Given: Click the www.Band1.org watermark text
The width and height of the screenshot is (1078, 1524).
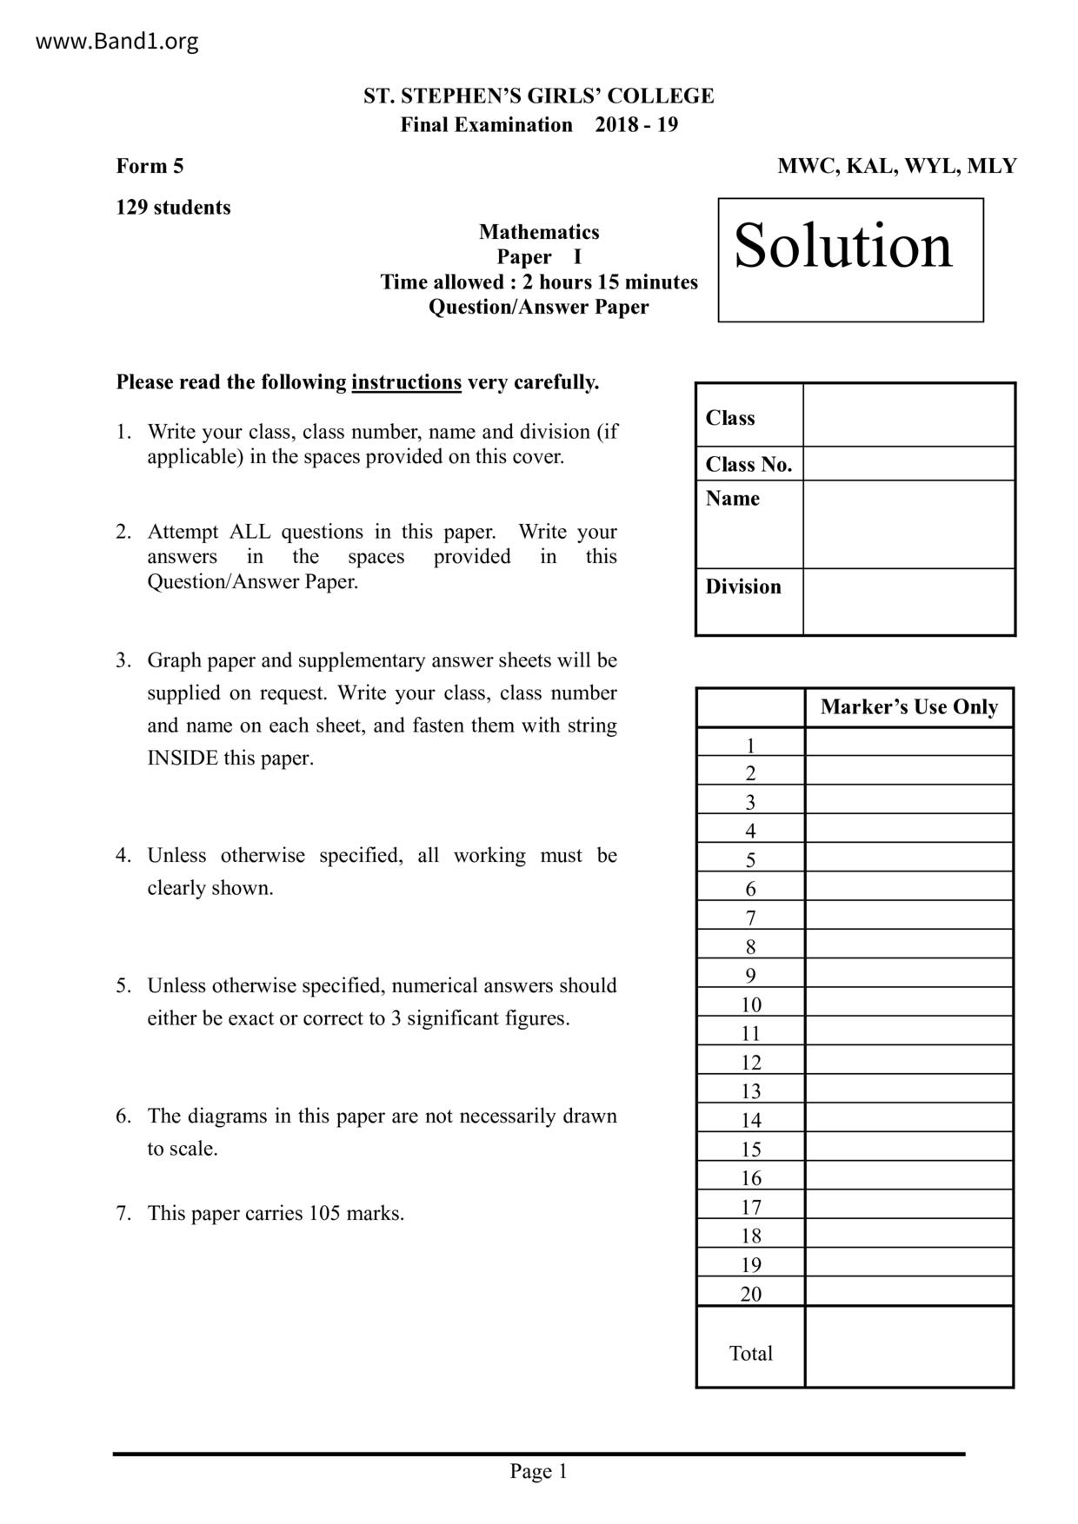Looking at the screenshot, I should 116,41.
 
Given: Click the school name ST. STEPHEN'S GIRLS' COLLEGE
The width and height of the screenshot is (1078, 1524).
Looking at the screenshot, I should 538,96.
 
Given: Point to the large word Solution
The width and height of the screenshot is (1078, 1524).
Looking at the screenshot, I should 843,246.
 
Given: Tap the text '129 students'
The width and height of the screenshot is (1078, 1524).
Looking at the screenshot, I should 173,208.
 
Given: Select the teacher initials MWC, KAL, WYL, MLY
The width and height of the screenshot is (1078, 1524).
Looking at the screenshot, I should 896,166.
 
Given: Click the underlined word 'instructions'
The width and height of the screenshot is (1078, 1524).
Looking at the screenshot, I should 406,382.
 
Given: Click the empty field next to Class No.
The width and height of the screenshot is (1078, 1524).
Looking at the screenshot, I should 908,464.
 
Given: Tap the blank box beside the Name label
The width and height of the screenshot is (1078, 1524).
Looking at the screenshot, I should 908,524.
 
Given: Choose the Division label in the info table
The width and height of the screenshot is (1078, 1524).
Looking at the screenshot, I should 743,586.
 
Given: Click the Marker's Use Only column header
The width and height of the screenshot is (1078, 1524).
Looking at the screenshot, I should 908,707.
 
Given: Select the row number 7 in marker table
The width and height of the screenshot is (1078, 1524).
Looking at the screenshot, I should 750,918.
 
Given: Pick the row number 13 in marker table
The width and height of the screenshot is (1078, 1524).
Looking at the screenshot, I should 750,1091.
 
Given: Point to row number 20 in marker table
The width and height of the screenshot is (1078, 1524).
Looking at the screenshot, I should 750,1294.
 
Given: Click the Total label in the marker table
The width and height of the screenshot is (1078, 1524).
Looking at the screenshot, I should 750,1353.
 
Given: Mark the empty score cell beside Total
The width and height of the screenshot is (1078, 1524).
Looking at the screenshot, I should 908,1347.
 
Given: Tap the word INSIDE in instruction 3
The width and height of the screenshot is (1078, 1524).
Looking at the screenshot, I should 183,758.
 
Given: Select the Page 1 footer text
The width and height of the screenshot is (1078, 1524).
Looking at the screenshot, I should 538,1471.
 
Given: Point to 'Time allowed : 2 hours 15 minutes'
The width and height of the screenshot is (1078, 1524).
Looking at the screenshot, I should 538,282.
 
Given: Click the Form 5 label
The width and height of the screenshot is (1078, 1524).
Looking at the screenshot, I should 150,166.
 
